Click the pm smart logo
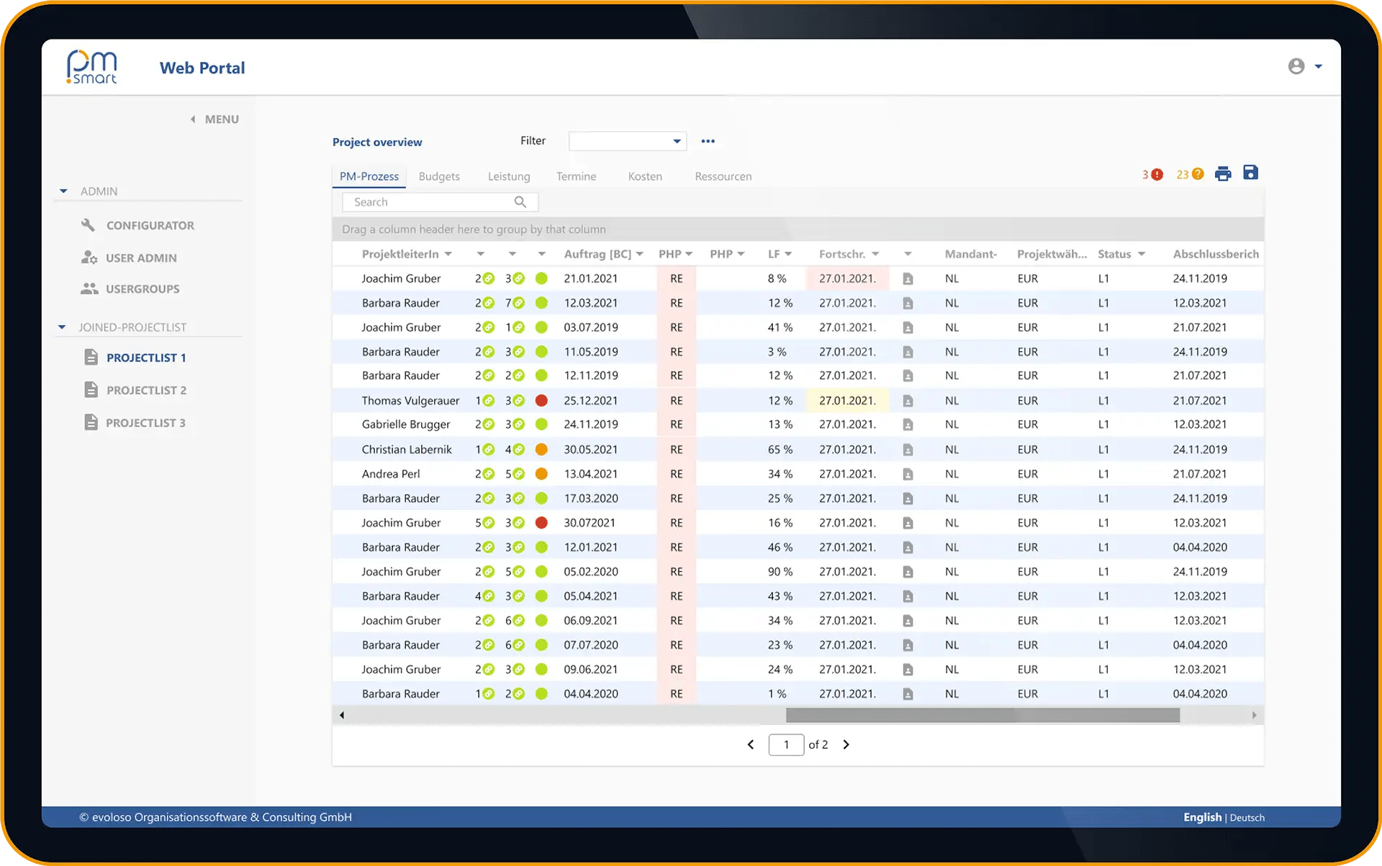point(91,68)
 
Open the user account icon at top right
point(1296,66)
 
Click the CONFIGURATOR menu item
point(150,225)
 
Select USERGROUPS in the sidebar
point(143,288)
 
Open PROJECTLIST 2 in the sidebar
point(146,390)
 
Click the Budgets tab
point(439,176)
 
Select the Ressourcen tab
point(723,176)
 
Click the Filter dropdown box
point(627,141)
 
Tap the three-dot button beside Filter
point(708,141)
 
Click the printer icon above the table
point(1223,173)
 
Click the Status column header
point(1114,254)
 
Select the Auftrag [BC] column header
point(597,254)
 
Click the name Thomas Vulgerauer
point(410,401)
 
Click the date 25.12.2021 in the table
point(590,401)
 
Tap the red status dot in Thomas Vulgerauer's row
point(541,401)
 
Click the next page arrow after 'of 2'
point(846,744)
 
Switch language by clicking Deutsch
point(1247,817)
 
